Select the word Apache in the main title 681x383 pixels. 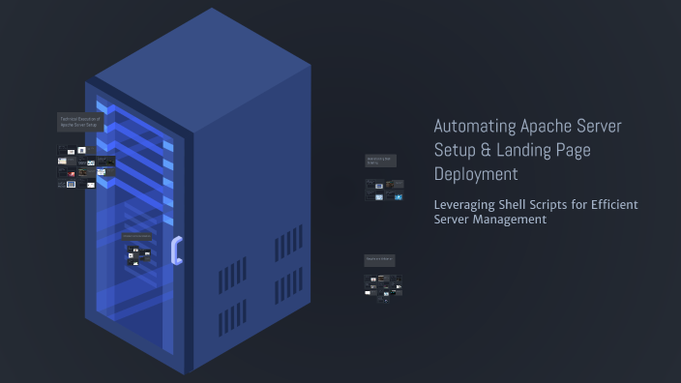tap(548, 127)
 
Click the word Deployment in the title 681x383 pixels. tap(476, 175)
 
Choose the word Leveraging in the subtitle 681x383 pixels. tap(462, 205)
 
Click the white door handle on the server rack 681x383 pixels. tap(176, 250)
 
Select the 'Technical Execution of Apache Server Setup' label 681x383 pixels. tap(79, 122)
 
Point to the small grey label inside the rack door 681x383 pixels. tap(136, 236)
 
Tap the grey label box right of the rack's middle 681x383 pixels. tap(380, 161)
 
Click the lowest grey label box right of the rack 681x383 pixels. tap(379, 260)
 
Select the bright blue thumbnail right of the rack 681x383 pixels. tap(398, 196)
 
